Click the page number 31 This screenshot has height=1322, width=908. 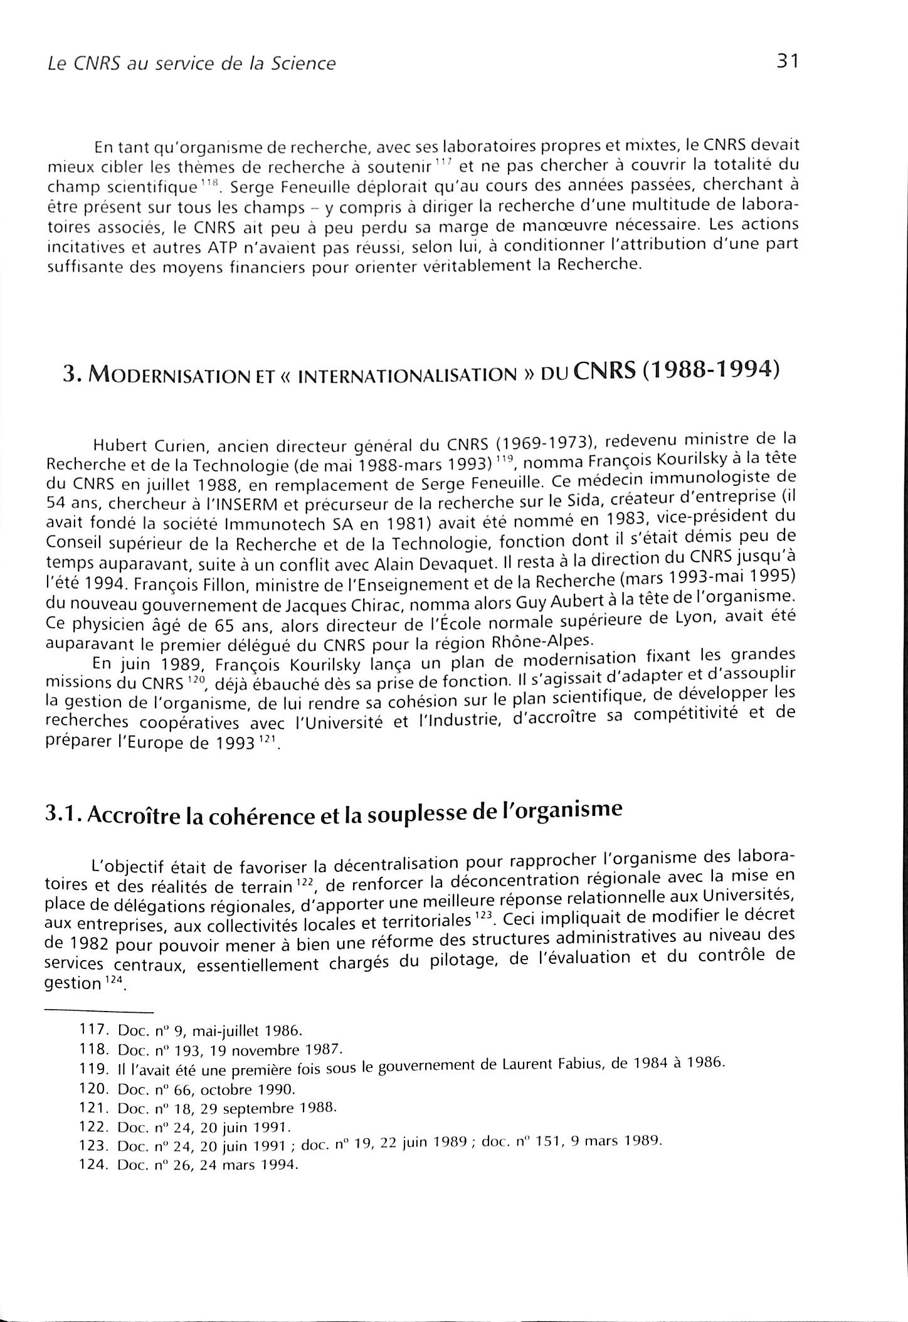(x=786, y=61)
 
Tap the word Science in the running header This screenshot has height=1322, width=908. (x=304, y=64)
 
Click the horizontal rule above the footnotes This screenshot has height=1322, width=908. (x=100, y=1012)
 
